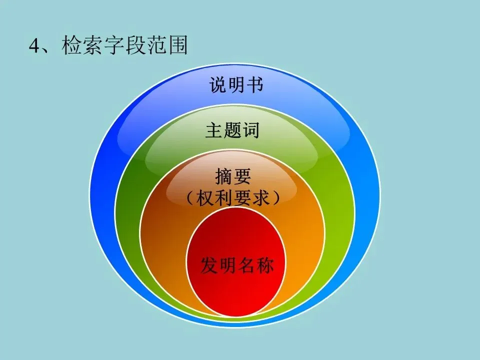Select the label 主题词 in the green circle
232,130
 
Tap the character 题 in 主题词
232,130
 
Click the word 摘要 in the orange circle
232,175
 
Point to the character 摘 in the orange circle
223,175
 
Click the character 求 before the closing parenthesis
260,198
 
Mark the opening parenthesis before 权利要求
190,198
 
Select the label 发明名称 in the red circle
237,265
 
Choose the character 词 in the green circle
251,130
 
